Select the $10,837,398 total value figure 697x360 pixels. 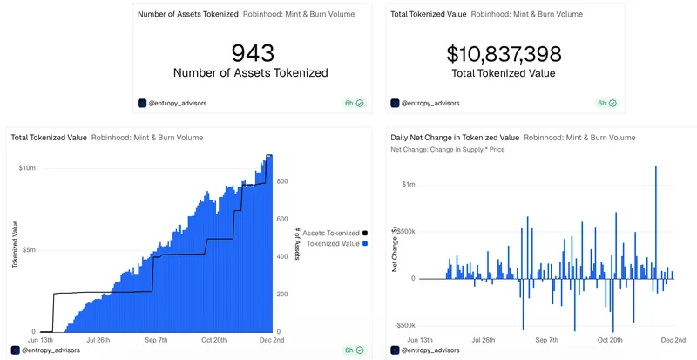point(504,54)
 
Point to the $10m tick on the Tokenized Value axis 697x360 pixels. point(26,167)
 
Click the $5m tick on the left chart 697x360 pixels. point(28,250)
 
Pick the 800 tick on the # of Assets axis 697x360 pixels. point(282,181)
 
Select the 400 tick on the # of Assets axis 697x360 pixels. point(282,257)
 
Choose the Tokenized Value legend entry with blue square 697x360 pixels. point(336,244)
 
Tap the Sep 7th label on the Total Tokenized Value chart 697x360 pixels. point(156,340)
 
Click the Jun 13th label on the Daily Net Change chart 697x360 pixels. point(414,340)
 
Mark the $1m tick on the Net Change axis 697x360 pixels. point(409,185)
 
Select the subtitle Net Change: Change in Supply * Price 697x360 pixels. point(448,150)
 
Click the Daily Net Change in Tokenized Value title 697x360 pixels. point(455,138)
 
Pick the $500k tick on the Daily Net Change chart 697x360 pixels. point(405,232)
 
